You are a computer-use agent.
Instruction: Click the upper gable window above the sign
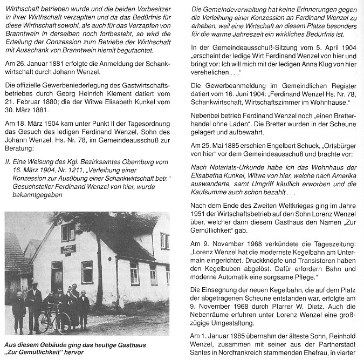tap(68, 232)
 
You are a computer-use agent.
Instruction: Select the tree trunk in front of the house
tap(99, 270)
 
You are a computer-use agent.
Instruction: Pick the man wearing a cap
tap(33, 303)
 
